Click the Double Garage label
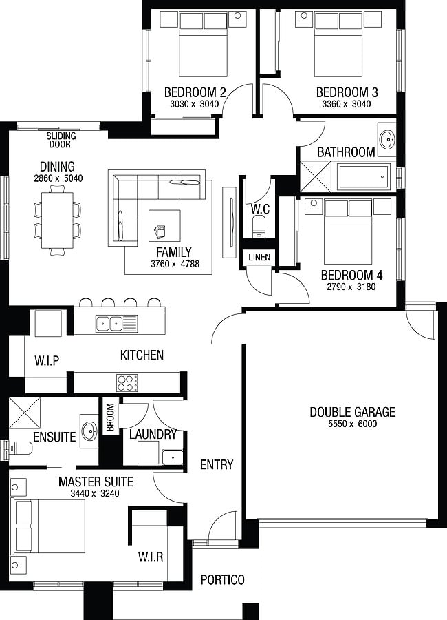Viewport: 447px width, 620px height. [x=352, y=412]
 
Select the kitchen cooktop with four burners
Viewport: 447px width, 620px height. [x=127, y=382]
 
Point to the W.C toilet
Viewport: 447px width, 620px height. [x=259, y=227]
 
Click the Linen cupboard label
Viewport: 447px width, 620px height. [x=260, y=258]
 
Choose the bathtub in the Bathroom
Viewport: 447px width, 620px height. [x=362, y=177]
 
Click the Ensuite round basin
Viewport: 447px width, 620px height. [x=89, y=432]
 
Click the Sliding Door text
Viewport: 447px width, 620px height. [x=61, y=141]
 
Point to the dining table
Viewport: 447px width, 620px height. [x=56, y=220]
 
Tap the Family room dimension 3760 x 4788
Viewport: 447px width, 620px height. [x=174, y=263]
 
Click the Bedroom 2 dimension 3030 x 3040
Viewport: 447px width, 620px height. [x=195, y=105]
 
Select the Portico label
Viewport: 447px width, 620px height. [x=222, y=580]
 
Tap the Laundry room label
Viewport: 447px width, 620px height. [x=153, y=435]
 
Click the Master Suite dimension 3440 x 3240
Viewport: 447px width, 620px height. [x=96, y=493]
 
